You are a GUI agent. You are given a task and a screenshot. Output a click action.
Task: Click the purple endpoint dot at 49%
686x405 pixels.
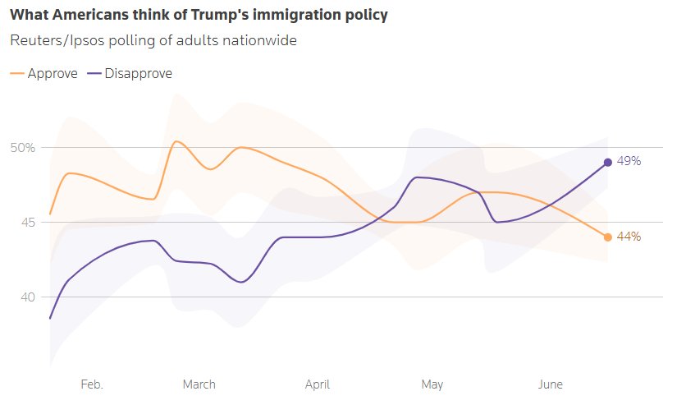coord(608,162)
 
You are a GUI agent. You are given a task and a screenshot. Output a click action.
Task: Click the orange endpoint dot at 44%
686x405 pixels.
coord(608,237)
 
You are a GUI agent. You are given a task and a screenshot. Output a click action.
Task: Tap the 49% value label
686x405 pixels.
coord(629,161)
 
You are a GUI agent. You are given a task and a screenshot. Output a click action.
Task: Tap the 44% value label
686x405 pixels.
coord(629,237)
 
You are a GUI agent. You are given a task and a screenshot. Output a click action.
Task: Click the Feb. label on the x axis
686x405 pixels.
coord(92,384)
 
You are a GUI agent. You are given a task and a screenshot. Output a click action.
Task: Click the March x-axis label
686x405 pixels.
coord(199,384)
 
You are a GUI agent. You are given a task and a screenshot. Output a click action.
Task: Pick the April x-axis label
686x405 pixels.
coord(318,384)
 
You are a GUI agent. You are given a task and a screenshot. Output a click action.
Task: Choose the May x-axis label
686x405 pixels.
coord(432,384)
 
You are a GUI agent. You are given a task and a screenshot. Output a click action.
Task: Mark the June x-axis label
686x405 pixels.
coord(551,384)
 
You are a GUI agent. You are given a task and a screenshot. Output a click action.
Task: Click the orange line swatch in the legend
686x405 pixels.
coord(16,74)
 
